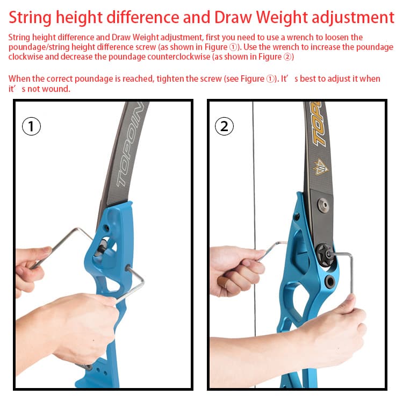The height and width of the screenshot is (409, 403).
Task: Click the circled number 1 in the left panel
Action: pos(31,126)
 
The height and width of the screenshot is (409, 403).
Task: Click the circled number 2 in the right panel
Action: pos(224,126)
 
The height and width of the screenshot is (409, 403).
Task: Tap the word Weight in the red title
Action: pos(282,18)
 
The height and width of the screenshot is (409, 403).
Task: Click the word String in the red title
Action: pos(30,18)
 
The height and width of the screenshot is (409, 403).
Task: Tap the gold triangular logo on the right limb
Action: pos(320,167)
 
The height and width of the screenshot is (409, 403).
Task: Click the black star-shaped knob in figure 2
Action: pos(324,255)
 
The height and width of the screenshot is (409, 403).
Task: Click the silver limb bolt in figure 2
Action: pos(323,204)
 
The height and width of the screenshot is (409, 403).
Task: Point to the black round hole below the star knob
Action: pos(330,282)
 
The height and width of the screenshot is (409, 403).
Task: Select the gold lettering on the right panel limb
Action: pos(319,124)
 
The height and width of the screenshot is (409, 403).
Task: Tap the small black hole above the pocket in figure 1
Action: pos(106,228)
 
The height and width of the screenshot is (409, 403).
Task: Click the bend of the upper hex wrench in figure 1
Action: pos(77,229)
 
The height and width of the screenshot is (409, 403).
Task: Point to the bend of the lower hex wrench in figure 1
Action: pos(142,281)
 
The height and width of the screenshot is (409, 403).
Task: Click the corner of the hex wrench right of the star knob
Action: pos(350,256)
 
